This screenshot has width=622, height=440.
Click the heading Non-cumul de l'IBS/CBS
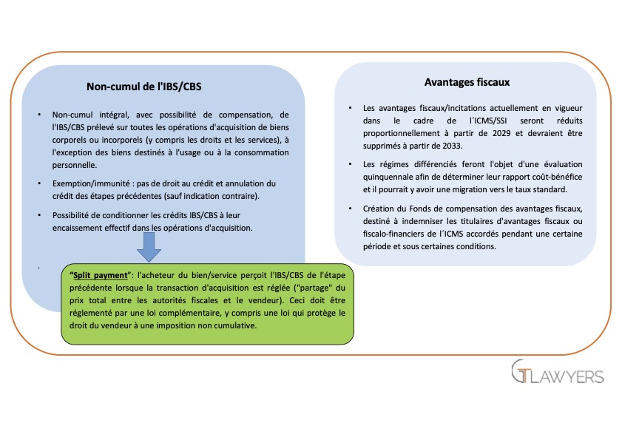point(144,87)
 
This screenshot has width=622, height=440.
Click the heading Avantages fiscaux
point(467,82)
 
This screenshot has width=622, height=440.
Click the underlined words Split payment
point(95,273)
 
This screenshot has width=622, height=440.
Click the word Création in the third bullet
point(379,209)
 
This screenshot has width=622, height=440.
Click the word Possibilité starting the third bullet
point(74,215)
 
